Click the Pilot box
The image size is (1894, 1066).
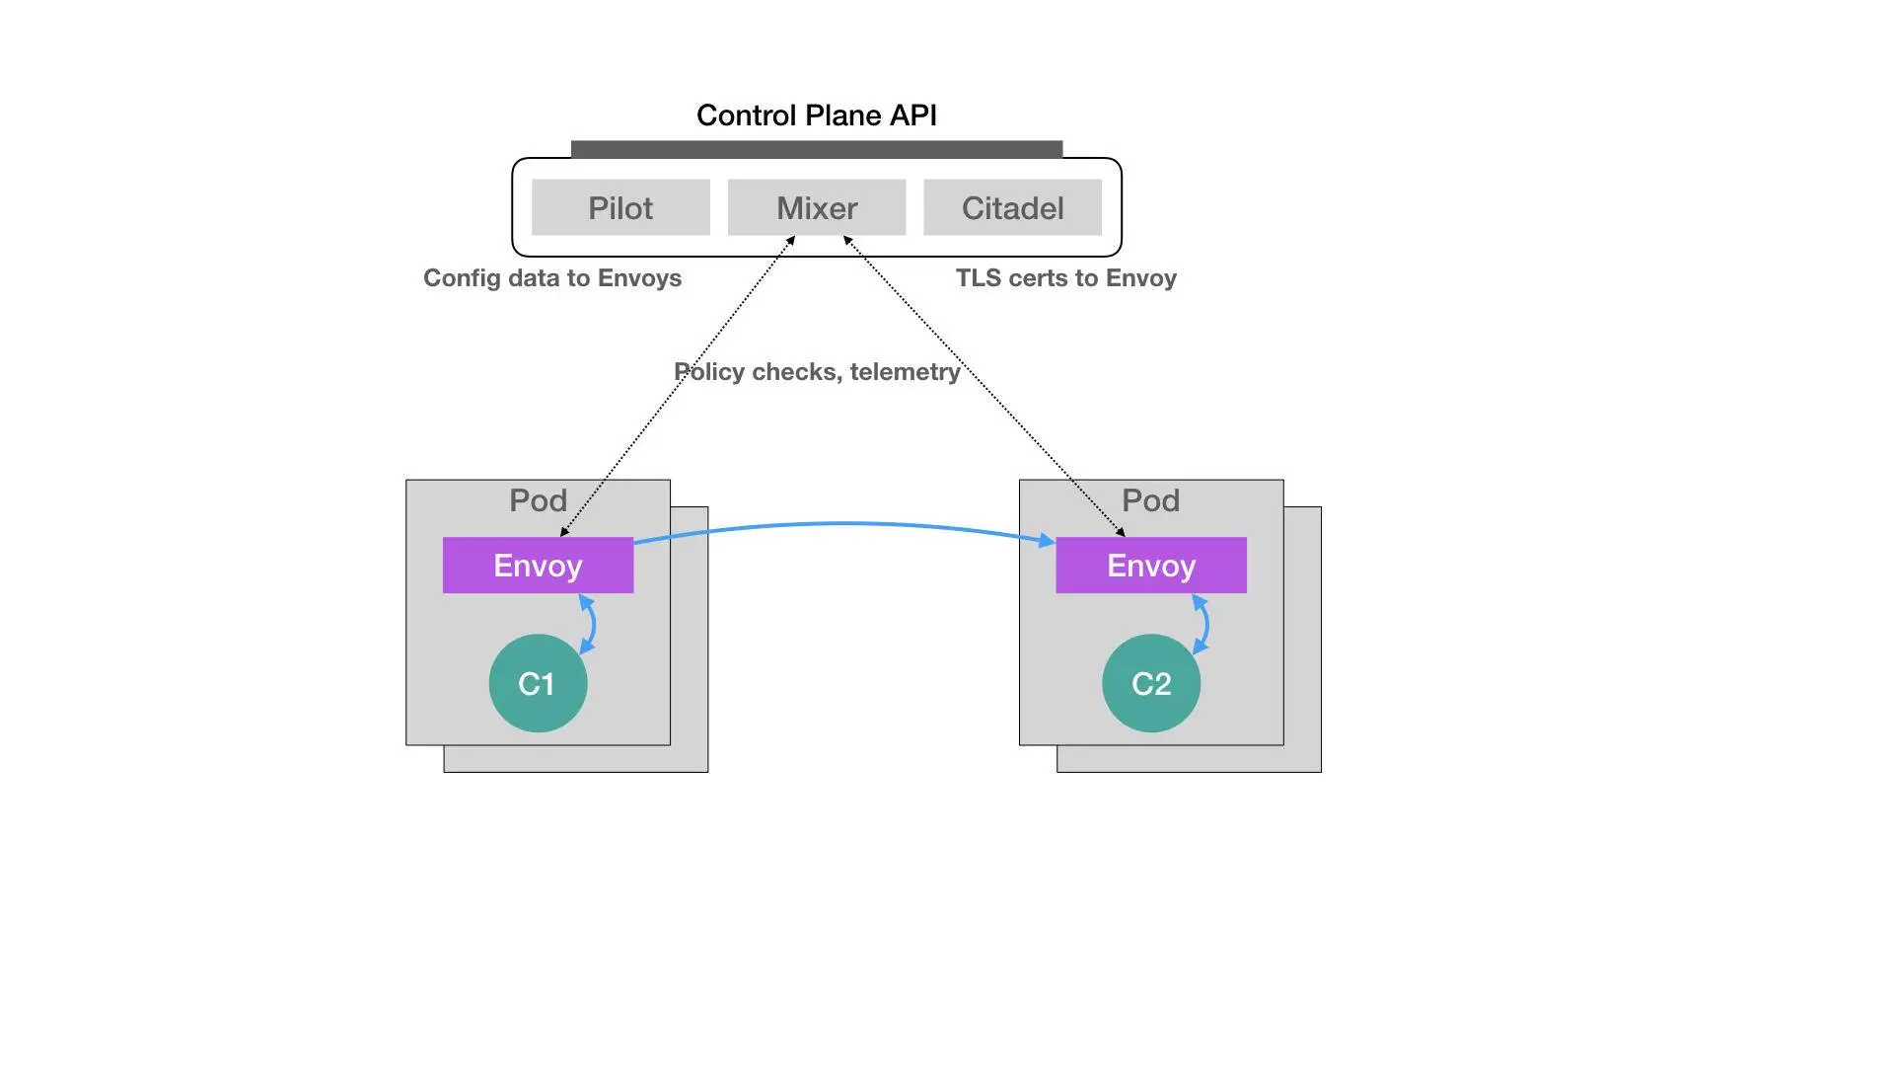[620, 207]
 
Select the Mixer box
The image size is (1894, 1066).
[817, 207]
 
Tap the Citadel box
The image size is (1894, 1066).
[1012, 207]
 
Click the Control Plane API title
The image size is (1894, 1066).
[817, 115]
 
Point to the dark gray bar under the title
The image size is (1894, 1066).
[817, 149]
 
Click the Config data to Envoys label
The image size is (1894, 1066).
[552, 278]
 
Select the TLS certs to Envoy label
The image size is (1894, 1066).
[1065, 278]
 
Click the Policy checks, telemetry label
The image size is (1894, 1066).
[817, 372]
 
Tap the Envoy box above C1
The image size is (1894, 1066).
[538, 566]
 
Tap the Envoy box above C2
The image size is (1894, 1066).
[1151, 566]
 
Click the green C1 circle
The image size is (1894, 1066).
[538, 683]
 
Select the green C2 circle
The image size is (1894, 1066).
[1151, 683]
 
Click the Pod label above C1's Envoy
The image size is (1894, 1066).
[538, 500]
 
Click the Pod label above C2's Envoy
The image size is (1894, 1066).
[1151, 500]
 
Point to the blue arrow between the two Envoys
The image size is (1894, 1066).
[843, 524]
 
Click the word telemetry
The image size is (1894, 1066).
[905, 372]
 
